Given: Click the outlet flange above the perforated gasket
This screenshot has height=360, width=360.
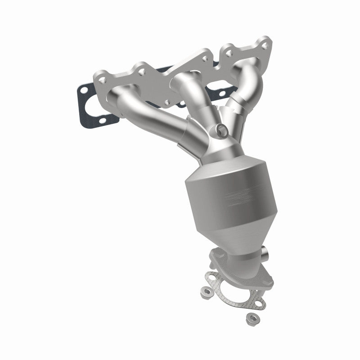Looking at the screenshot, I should pyautogui.click(x=225, y=261).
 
